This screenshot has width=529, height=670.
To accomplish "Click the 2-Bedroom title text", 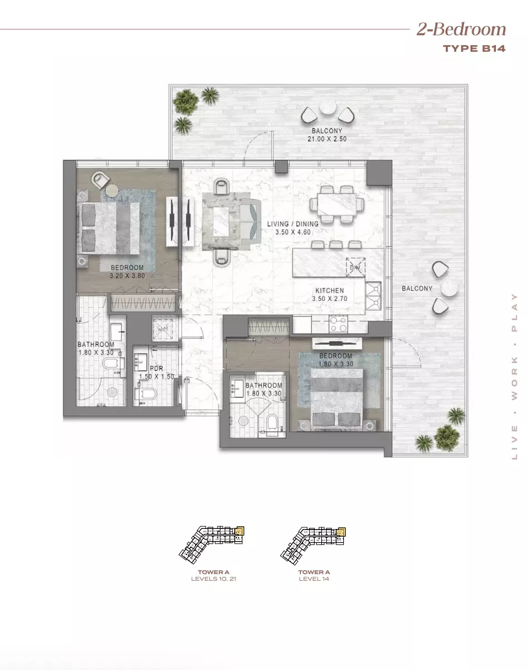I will tap(461, 29).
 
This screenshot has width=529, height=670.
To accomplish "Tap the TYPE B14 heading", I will tap(474, 48).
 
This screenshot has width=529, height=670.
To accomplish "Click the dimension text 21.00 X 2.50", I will tap(327, 139).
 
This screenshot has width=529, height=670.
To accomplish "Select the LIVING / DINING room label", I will tap(293, 224).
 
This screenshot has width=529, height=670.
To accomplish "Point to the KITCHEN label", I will tap(330, 290).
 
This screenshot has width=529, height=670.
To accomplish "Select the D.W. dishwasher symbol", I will tap(355, 267).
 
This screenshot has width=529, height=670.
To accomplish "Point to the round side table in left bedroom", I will tap(112, 190).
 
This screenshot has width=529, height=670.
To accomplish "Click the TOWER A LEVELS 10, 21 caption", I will tap(214, 576).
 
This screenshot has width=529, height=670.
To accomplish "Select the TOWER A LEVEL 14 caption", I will tap(314, 576).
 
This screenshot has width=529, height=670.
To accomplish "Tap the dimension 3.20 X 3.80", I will tap(127, 275).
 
